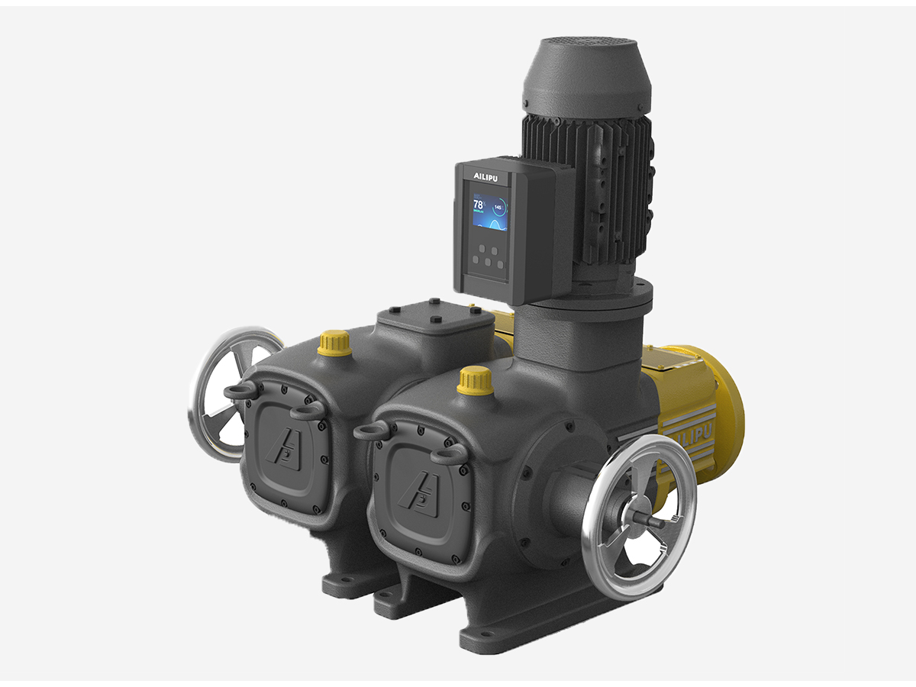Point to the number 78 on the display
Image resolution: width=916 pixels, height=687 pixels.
coord(479,205)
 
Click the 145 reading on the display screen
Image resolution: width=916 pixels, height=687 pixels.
coord(498,207)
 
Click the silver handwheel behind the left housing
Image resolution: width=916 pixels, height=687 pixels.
coord(221,393)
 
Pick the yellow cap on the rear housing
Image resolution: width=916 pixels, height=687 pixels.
coord(334,342)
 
